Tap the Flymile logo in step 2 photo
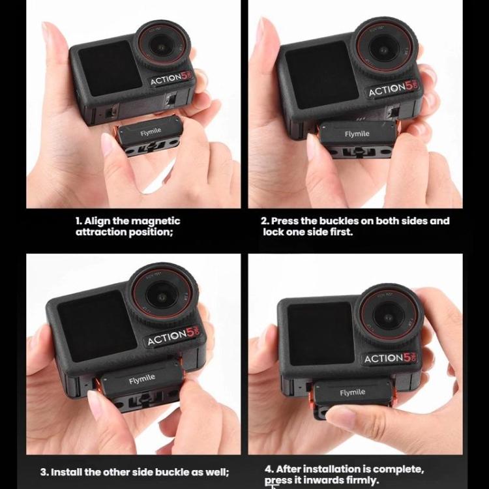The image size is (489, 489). [357, 134]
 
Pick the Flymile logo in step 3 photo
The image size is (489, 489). [141, 379]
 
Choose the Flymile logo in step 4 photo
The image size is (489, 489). [352, 393]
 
